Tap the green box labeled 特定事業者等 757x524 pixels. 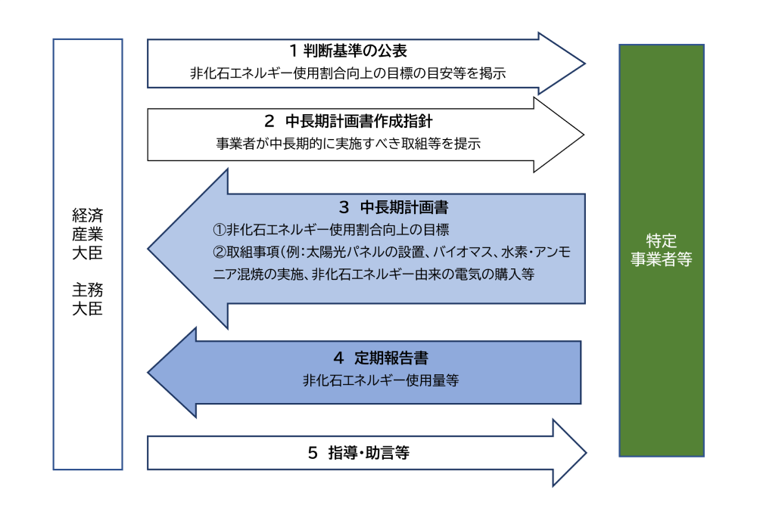662,250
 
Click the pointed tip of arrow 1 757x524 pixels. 584,64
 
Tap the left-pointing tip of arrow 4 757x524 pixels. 149,372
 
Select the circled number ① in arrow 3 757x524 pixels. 217,229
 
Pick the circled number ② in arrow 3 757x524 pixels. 217,252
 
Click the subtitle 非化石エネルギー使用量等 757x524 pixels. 380,381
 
